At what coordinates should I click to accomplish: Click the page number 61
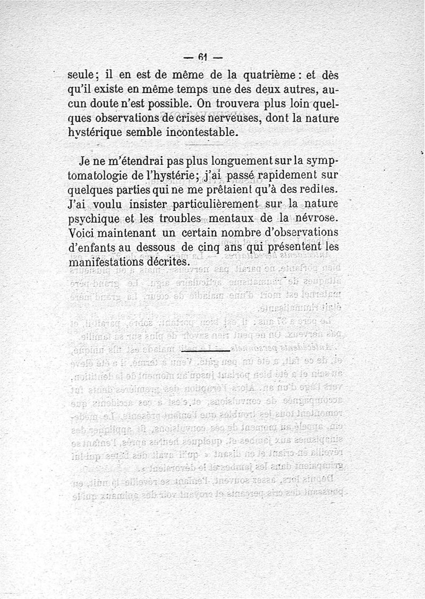pyautogui.click(x=202, y=57)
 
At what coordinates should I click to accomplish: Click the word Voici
pyautogui.click(x=82, y=233)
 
